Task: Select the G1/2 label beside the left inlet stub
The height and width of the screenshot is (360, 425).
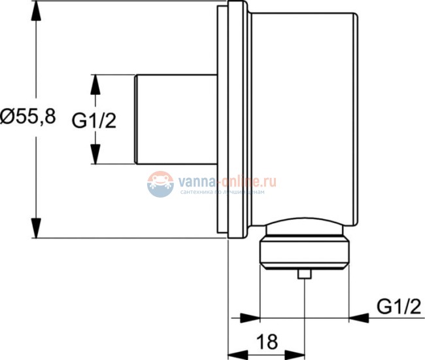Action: click(93, 120)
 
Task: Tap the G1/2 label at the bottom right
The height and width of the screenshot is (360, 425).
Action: click(398, 306)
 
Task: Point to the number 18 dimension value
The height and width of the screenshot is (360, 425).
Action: click(266, 341)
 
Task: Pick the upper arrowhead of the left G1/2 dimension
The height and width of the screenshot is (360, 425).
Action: click(95, 85)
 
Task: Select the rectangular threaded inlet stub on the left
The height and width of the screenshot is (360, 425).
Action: click(175, 119)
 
